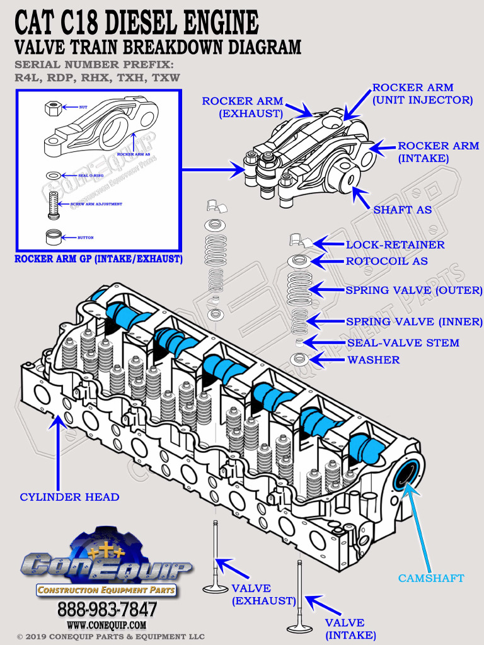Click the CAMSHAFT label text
pos(431,578)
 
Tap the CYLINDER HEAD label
pos(69,497)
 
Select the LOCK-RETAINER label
pos(395,244)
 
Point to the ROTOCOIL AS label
pos(387,261)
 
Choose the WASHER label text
pos(374,360)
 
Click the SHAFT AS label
pos(403,210)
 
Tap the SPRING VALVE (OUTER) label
pos(413,290)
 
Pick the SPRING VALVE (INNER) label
pos(414,322)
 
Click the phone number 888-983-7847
pos(107,609)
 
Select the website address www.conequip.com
pos(107,625)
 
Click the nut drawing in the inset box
pos(52,108)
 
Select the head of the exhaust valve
pos(215,588)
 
